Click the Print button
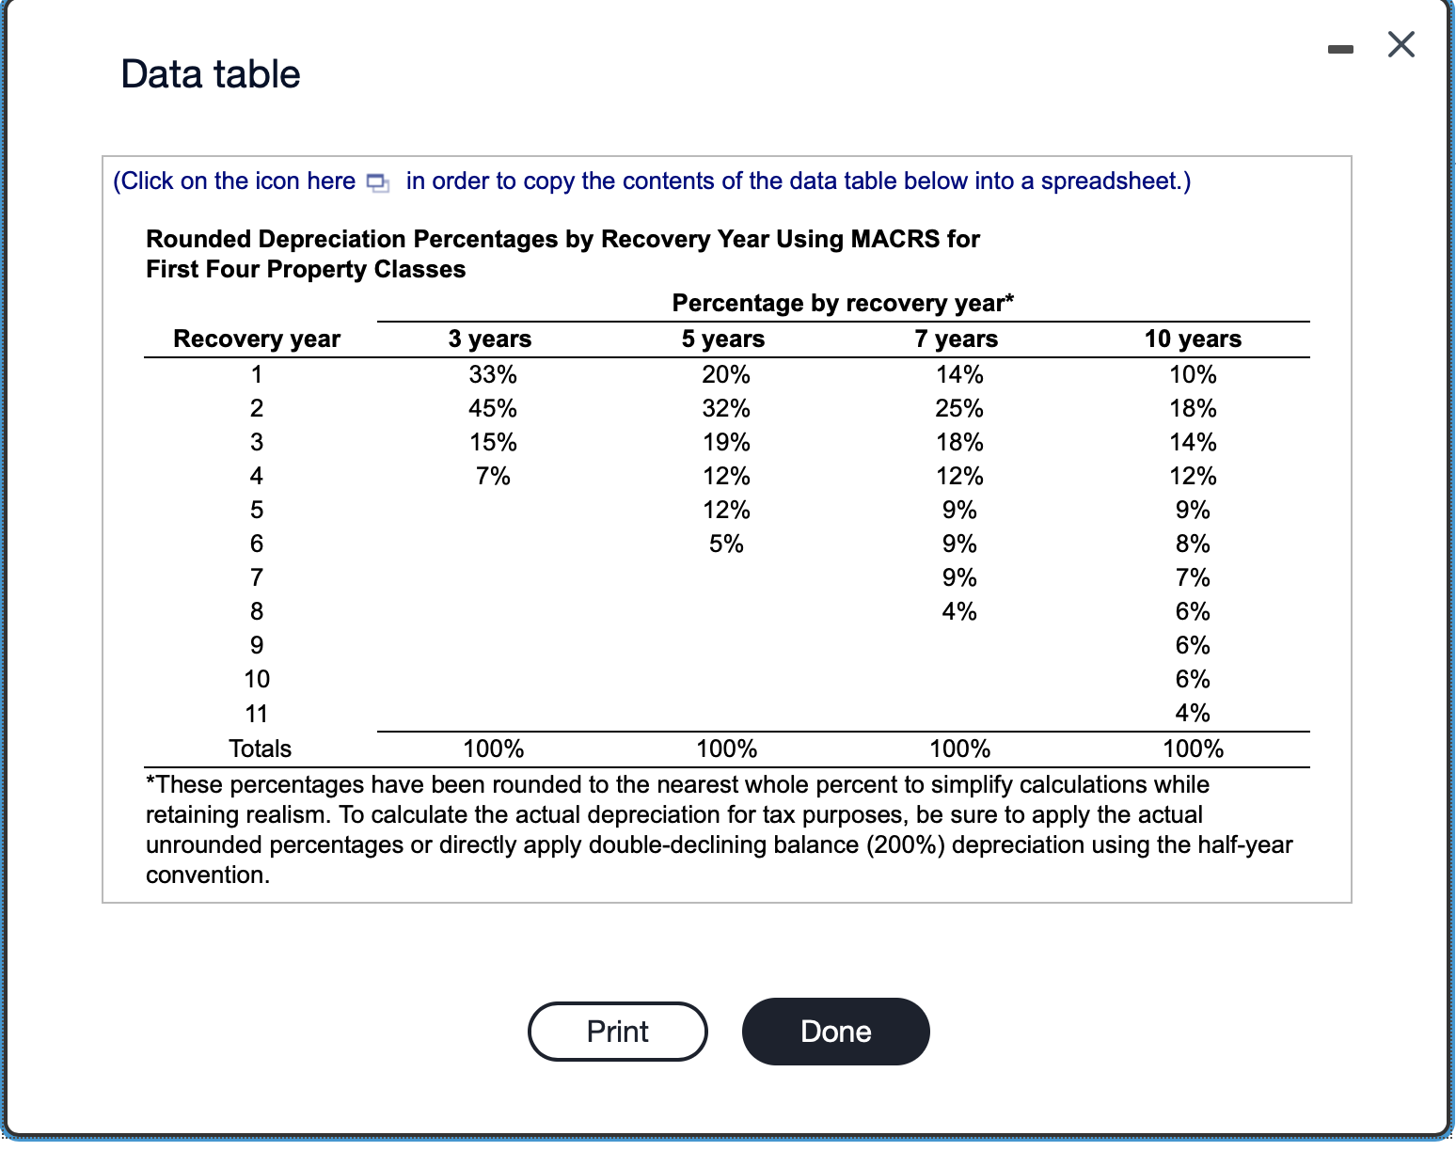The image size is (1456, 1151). (x=617, y=1032)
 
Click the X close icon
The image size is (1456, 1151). (x=1401, y=44)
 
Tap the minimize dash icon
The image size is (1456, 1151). (x=1340, y=49)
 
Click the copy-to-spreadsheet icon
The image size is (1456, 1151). (x=377, y=182)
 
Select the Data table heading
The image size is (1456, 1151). (x=211, y=74)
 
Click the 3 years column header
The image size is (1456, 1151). (x=489, y=339)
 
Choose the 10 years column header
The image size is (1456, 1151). (x=1192, y=339)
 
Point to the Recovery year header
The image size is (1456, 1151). (x=257, y=339)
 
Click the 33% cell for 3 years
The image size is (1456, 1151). (x=493, y=374)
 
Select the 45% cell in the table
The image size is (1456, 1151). (x=493, y=408)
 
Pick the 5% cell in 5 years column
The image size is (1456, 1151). (x=726, y=544)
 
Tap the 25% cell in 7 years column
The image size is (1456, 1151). (x=959, y=408)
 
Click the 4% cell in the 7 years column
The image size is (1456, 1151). (x=959, y=611)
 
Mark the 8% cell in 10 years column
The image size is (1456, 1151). (x=1193, y=544)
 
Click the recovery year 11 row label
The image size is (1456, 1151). (x=257, y=714)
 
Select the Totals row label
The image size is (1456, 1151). (x=260, y=749)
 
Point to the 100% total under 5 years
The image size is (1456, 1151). (x=726, y=749)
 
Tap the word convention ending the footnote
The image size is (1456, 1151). (x=206, y=875)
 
